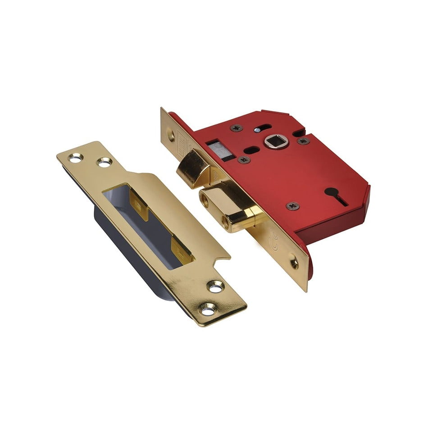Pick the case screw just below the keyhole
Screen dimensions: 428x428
292,205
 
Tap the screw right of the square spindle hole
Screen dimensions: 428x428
303,141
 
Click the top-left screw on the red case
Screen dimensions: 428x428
236,128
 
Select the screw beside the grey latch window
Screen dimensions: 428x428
244,159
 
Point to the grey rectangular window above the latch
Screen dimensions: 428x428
221,151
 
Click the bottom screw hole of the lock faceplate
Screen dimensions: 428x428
294,263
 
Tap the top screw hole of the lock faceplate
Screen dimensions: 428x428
170,133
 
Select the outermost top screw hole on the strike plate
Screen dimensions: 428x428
75,158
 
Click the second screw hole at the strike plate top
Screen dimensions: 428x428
104,162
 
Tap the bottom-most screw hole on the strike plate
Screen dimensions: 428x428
208,310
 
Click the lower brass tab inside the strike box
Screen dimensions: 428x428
182,249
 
